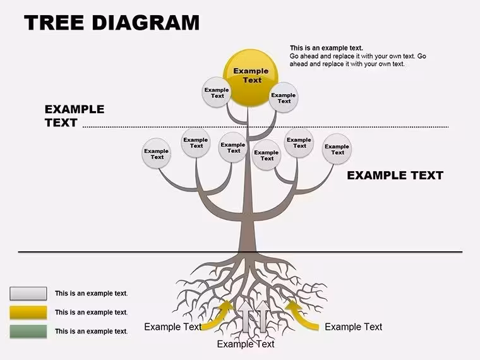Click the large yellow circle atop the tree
(251, 78)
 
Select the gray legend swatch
(28, 293)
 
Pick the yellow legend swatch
(28, 312)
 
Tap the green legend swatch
(28, 331)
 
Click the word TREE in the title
(54, 23)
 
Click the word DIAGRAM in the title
(145, 23)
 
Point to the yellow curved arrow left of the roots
(217, 315)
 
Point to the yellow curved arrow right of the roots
(303, 315)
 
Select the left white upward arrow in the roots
(246, 316)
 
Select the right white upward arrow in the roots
(262, 316)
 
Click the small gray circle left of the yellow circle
(217, 92)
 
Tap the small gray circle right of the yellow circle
(284, 98)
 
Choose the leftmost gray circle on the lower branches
(157, 153)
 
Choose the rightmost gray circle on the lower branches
(337, 149)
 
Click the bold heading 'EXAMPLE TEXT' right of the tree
(395, 176)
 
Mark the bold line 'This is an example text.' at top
(327, 48)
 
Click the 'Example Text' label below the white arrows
(246, 344)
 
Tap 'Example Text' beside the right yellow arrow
(353, 327)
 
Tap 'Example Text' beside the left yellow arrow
(172, 327)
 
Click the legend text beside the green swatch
(91, 331)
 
